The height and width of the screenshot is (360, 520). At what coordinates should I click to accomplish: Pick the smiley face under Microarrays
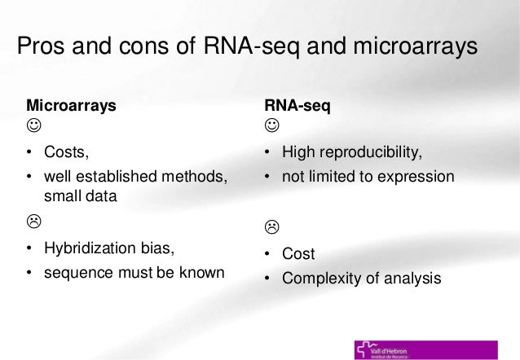pyautogui.click(x=33, y=127)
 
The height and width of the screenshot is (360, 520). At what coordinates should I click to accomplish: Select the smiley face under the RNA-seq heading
pyautogui.click(x=271, y=127)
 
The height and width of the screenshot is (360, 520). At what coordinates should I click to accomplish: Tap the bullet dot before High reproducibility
pyautogui.click(x=267, y=152)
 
